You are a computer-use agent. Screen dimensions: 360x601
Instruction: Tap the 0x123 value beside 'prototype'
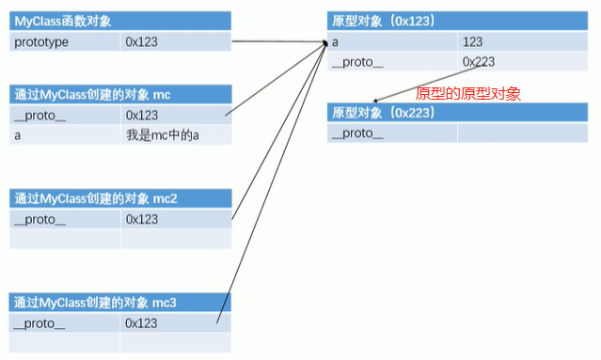(141, 41)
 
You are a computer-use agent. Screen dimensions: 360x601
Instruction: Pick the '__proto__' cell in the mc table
(40, 115)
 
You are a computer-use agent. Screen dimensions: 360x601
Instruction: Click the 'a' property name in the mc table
(18, 135)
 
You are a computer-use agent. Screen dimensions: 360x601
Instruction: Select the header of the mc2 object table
(95, 198)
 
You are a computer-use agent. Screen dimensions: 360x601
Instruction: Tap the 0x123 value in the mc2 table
(141, 219)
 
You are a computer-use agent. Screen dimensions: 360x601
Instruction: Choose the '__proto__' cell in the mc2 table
(40, 219)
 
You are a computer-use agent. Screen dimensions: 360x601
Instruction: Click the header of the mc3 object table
(95, 302)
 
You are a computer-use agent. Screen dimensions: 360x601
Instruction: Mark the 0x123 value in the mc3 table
(141, 322)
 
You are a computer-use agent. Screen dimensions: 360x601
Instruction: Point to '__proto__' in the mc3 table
(40, 322)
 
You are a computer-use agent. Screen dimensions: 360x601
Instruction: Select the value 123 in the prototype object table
(473, 41)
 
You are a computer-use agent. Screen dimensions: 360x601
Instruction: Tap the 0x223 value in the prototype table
(479, 62)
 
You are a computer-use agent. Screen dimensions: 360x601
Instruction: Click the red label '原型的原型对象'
(467, 93)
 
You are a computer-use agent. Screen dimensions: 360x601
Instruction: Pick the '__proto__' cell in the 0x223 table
(358, 133)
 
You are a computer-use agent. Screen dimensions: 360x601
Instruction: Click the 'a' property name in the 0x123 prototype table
(336, 41)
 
